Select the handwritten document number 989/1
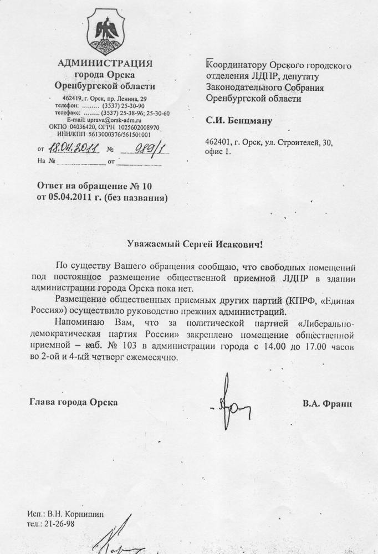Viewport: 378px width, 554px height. pyautogui.click(x=146, y=148)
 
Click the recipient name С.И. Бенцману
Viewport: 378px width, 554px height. pyautogui.click(x=239, y=119)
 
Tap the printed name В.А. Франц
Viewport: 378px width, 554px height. pyautogui.click(x=327, y=403)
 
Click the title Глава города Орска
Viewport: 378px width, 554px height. pyautogui.click(x=73, y=403)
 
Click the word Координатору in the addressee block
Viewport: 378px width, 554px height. pyautogui.click(x=236, y=66)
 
